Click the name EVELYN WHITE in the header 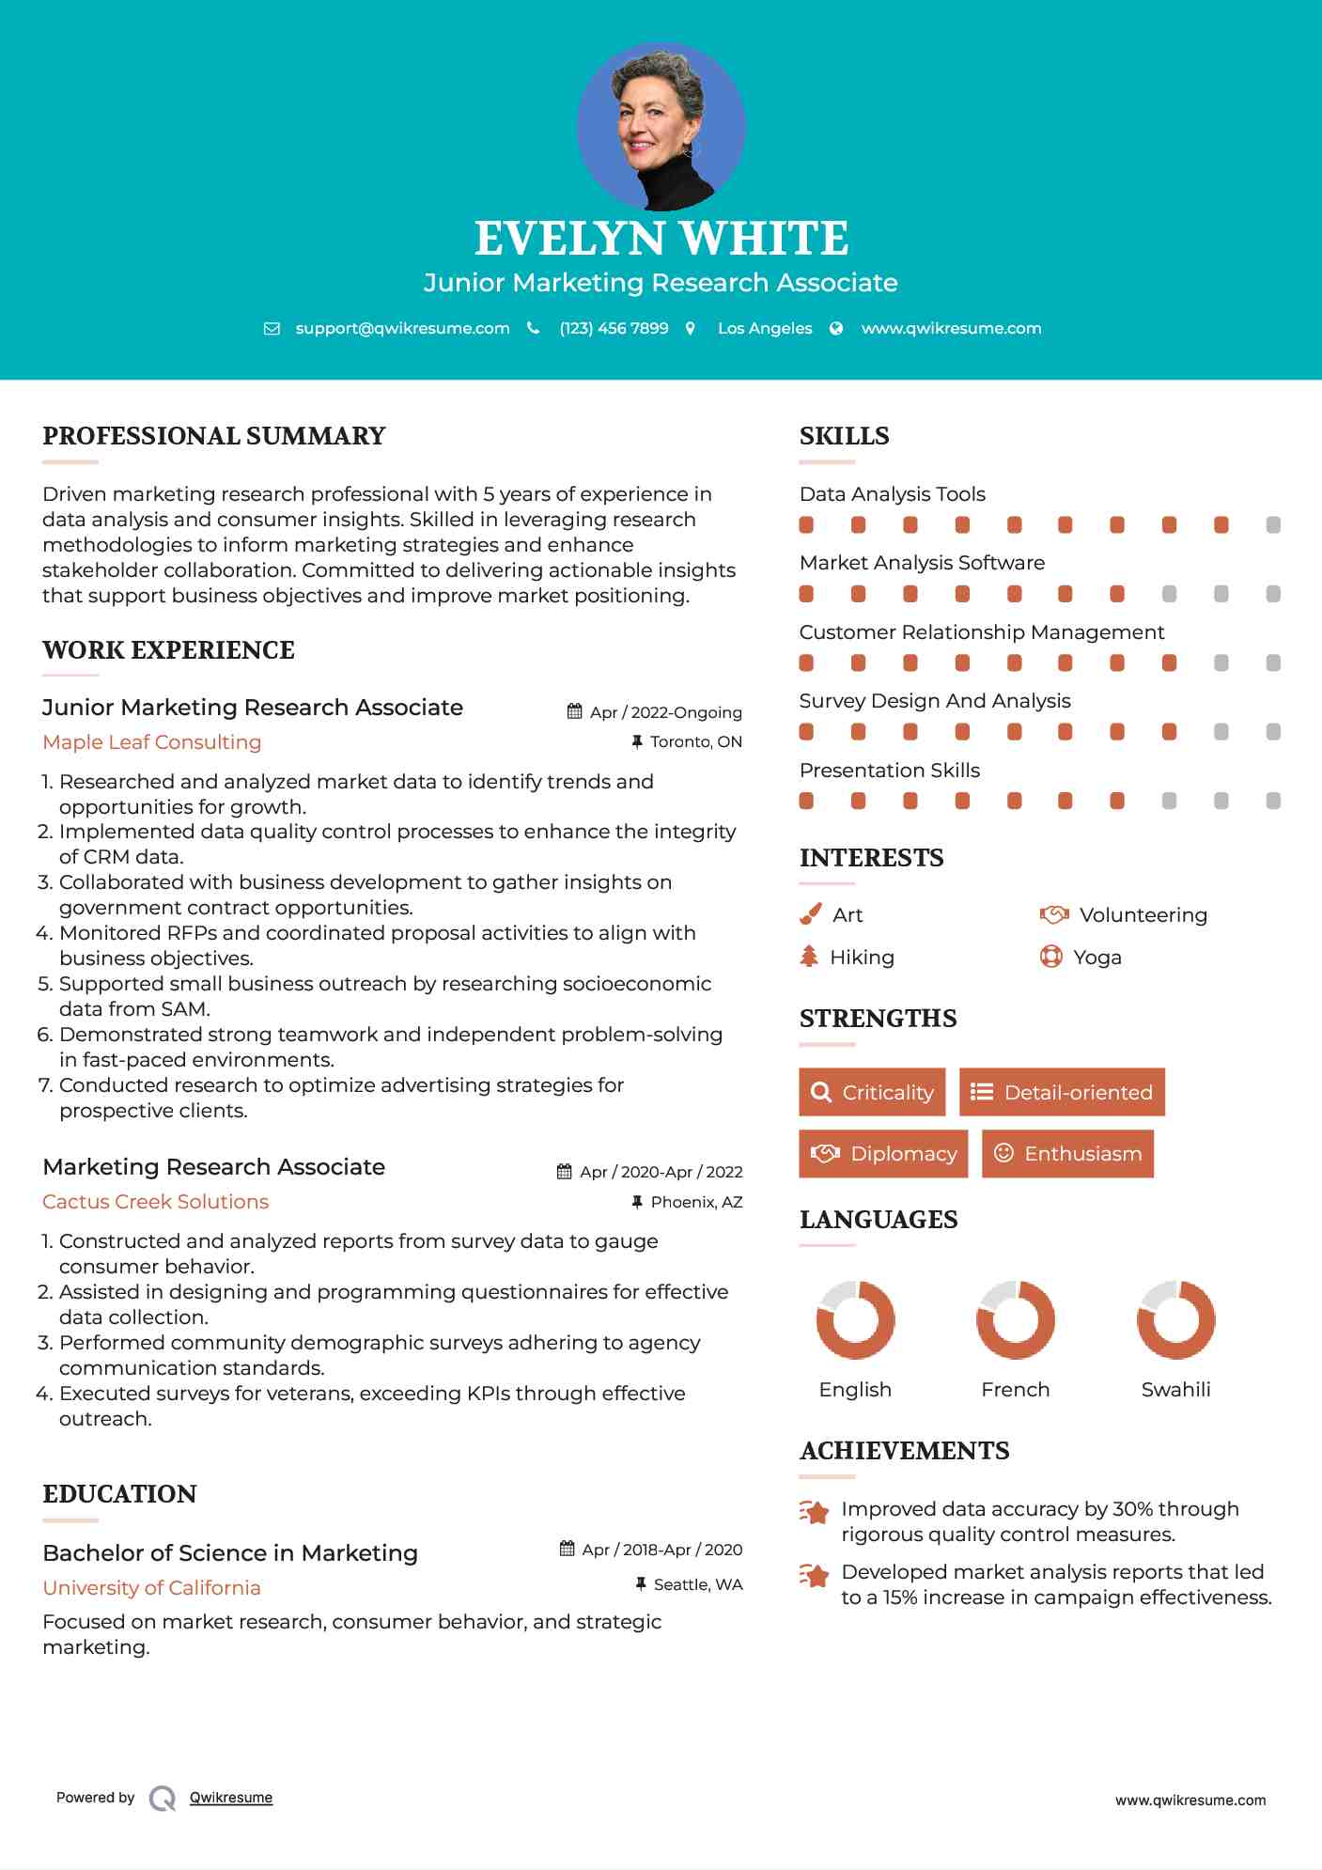pyautogui.click(x=661, y=239)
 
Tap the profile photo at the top pyautogui.click(x=661, y=126)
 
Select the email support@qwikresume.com pyautogui.click(x=402, y=328)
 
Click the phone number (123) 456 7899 pyautogui.click(x=614, y=328)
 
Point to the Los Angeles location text pyautogui.click(x=764, y=328)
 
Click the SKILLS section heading pyautogui.click(x=844, y=436)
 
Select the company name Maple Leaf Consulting pyautogui.click(x=152, y=742)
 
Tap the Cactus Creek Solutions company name pyautogui.click(x=156, y=1202)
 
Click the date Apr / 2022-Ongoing pyautogui.click(x=665, y=712)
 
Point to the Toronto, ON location pyautogui.click(x=695, y=742)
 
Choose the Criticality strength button pyautogui.click(x=872, y=1092)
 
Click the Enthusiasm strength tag pyautogui.click(x=1067, y=1153)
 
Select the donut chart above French pyautogui.click(x=1015, y=1319)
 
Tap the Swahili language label pyautogui.click(x=1175, y=1390)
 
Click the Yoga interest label pyautogui.click(x=1096, y=958)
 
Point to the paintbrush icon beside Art pyautogui.click(x=810, y=914)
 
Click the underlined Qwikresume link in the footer pyautogui.click(x=230, y=1798)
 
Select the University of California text pyautogui.click(x=152, y=1588)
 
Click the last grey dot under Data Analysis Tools pyautogui.click(x=1273, y=525)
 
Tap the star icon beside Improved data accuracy pyautogui.click(x=814, y=1512)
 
